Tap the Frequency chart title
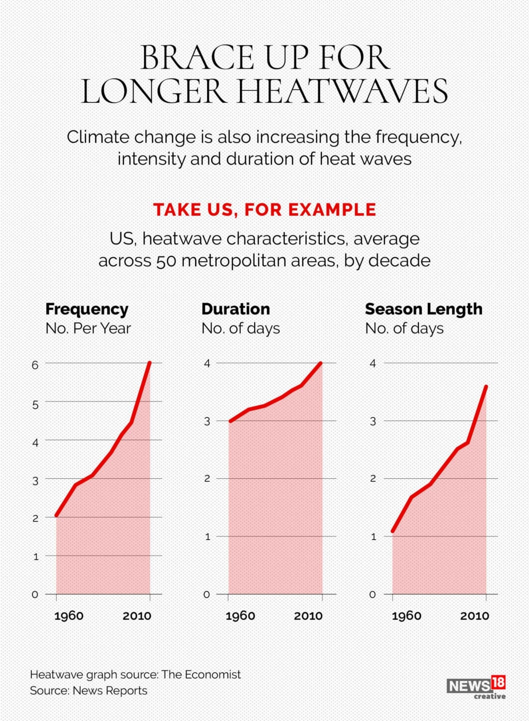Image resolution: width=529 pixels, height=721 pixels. coord(87,309)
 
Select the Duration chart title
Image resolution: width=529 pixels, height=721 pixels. coord(235,309)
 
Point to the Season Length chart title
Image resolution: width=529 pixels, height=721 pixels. coord(423,309)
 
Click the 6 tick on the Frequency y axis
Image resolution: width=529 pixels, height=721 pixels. coord(35,365)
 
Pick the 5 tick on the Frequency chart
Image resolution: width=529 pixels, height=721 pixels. coord(35,404)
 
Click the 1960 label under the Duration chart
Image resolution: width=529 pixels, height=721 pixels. coord(240,615)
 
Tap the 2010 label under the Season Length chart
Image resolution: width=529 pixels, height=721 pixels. coord(474,615)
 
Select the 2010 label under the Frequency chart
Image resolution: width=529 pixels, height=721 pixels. coord(137,615)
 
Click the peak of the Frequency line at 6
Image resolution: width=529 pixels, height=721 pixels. coord(150,363)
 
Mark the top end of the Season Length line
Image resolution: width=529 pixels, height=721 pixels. coord(486,386)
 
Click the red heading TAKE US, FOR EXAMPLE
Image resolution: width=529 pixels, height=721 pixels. coord(264,210)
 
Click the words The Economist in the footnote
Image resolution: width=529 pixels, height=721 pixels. coord(201,674)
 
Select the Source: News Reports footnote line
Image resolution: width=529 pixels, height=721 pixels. coord(88,690)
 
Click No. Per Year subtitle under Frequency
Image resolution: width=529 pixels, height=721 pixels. coord(88,329)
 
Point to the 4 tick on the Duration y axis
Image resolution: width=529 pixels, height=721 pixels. coord(207,364)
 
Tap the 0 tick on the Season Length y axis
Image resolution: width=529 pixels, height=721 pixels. coord(373,595)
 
